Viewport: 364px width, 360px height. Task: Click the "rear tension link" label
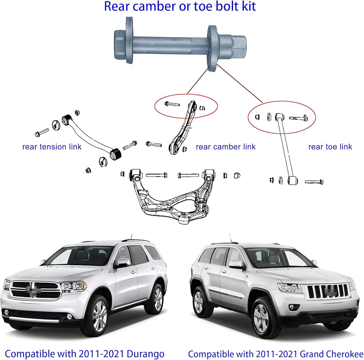pyautogui.click(x=52, y=147)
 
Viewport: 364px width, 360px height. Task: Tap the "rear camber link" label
pyautogui.click(x=226, y=147)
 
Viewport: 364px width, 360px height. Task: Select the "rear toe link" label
pyautogui.click(x=330, y=147)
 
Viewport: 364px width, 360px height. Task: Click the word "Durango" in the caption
pyautogui.click(x=146, y=354)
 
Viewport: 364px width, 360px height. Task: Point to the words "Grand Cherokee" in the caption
pyautogui.click(x=332, y=354)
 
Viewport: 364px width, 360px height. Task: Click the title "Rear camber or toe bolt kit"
pyautogui.click(x=180, y=7)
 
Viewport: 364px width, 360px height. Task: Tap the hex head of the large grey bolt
pyautogui.click(x=120, y=45)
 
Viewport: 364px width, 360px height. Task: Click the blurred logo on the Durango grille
pyautogui.click(x=33, y=290)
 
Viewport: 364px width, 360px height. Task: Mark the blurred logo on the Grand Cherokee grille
pyautogui.click(x=330, y=290)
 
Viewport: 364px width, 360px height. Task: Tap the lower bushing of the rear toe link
pyautogui.click(x=293, y=180)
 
